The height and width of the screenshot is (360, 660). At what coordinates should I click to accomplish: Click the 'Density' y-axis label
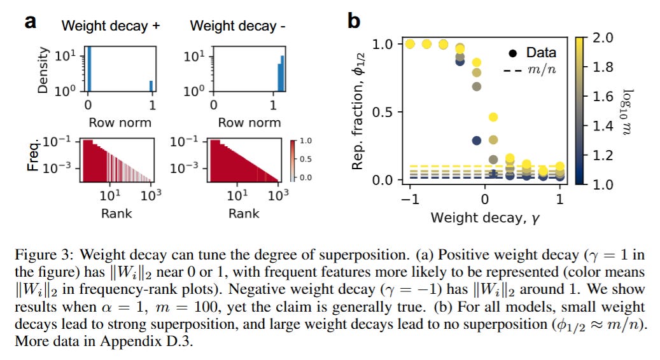[43, 69]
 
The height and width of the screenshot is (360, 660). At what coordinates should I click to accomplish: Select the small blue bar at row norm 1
[151, 86]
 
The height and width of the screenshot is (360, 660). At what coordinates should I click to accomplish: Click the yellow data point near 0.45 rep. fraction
[493, 117]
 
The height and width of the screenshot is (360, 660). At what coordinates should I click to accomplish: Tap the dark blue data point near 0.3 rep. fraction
[475, 141]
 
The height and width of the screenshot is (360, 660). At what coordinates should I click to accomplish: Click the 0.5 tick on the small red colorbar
[305, 158]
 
